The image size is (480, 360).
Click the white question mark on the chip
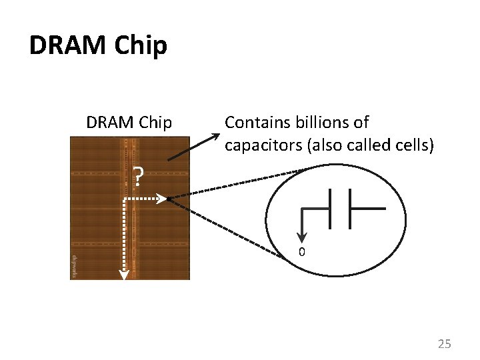138,176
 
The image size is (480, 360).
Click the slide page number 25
444,344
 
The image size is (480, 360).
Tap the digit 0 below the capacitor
301,253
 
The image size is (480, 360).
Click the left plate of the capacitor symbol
330,208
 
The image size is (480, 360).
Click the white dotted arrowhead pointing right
162,199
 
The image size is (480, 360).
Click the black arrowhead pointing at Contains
216,137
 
